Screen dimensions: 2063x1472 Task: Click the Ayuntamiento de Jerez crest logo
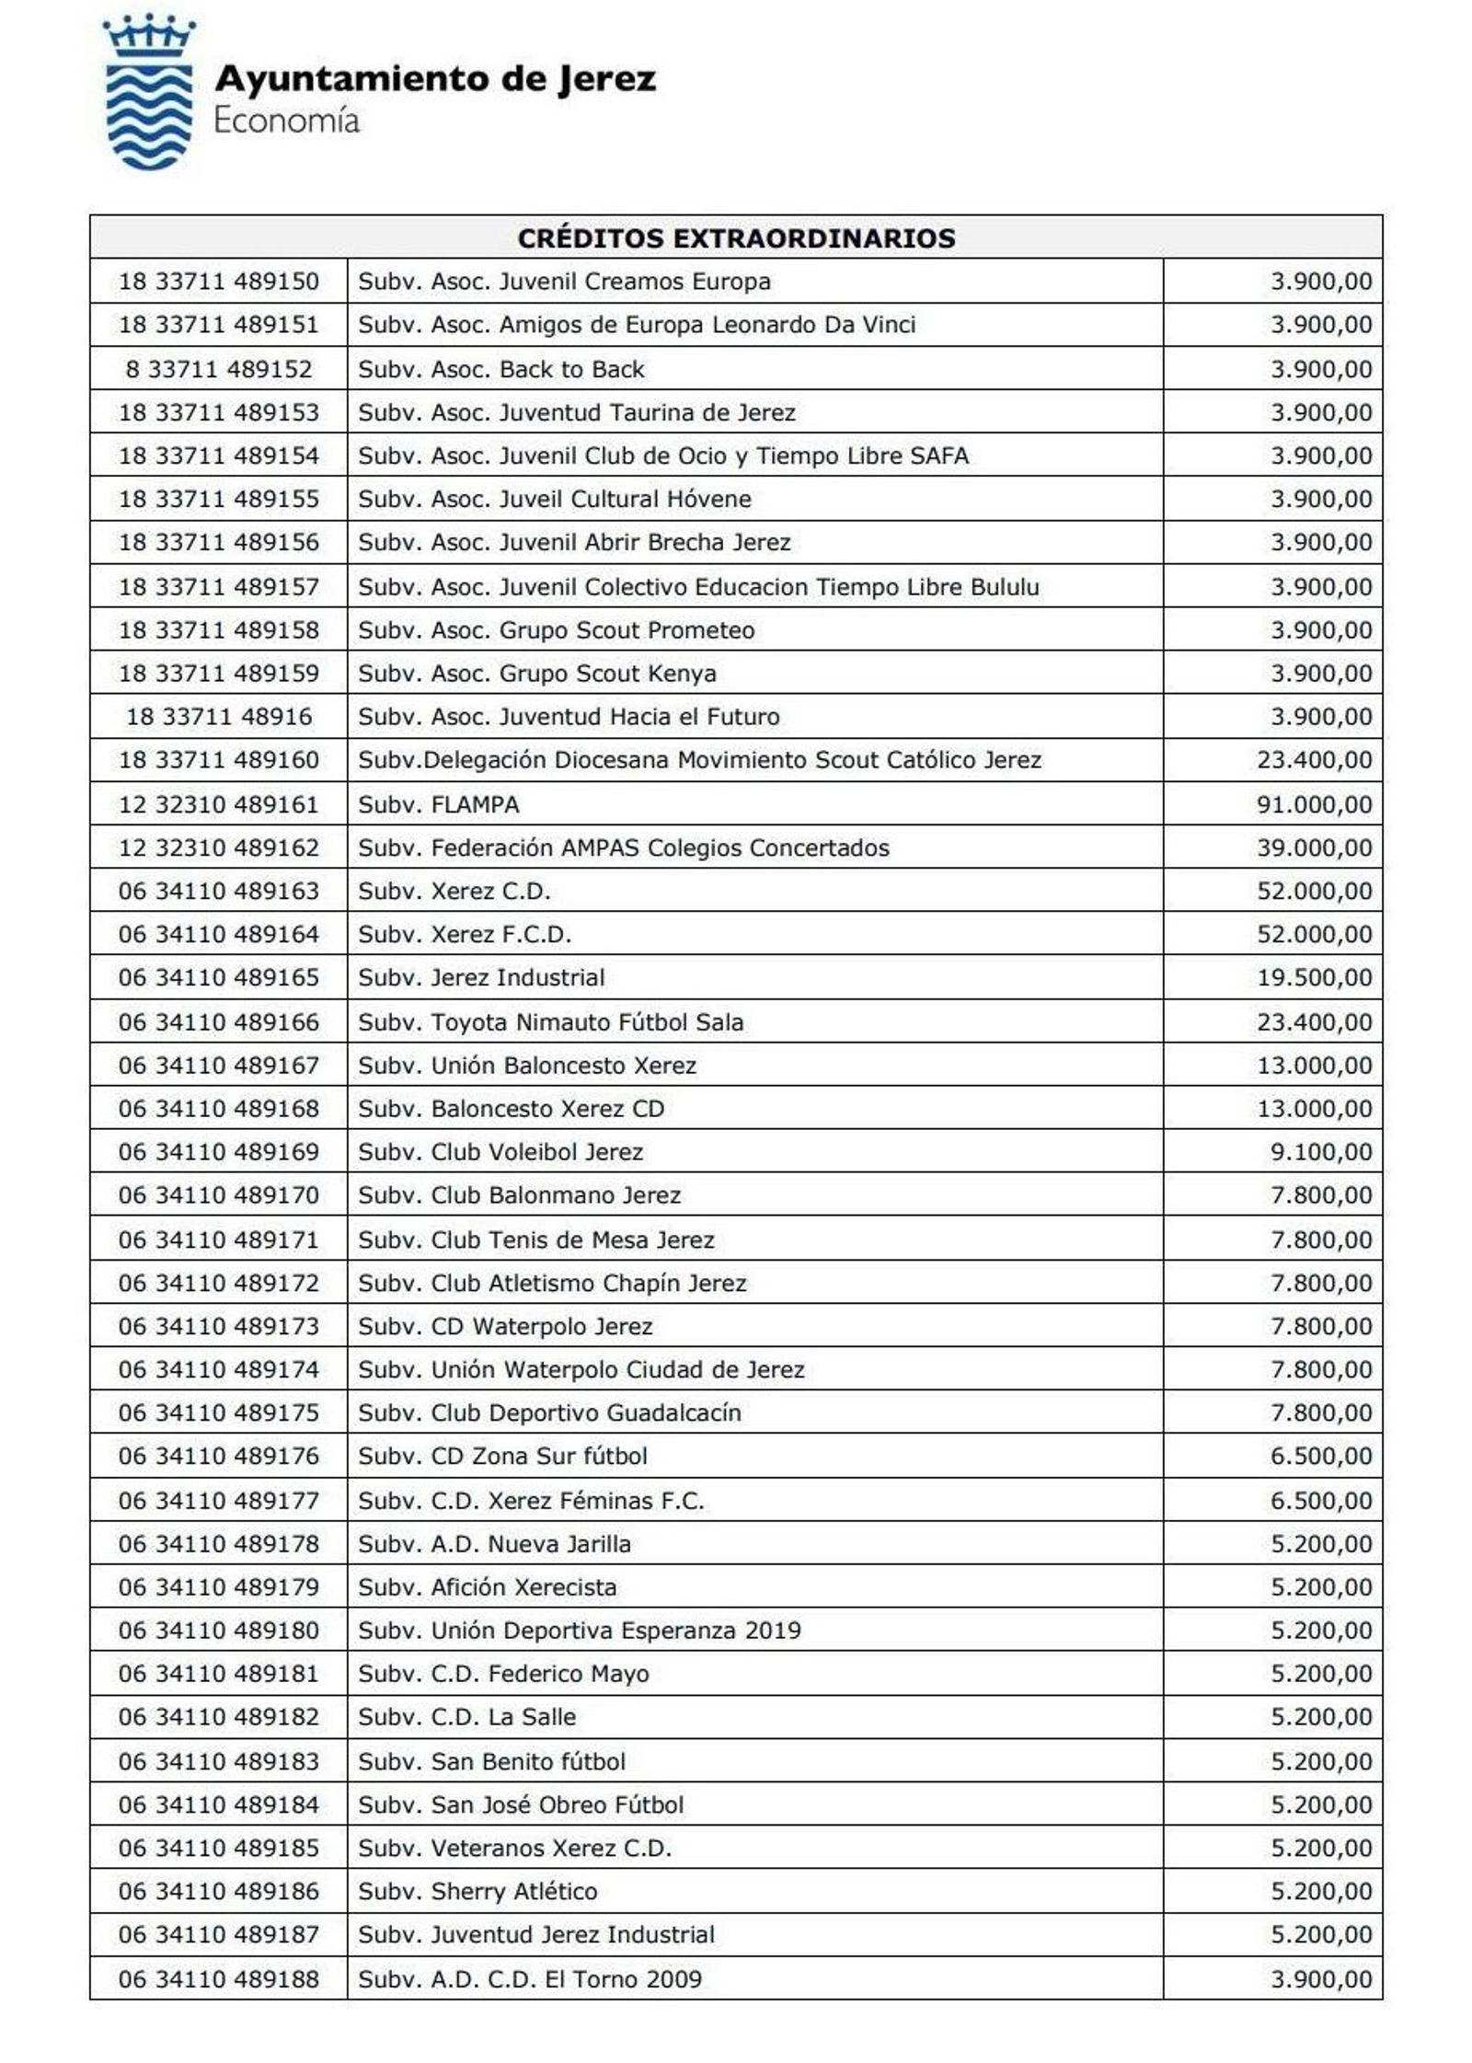pos(148,93)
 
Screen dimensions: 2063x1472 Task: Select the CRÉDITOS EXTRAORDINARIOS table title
pos(736,238)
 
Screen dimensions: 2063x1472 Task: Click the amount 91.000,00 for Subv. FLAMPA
pos(1314,804)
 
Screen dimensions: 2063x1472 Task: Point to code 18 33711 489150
pos(219,282)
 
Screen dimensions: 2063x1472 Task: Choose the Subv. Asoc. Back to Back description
pos(501,369)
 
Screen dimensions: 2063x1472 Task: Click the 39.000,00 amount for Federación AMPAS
pos(1314,847)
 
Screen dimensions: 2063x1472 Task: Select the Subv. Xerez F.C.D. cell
pos(465,934)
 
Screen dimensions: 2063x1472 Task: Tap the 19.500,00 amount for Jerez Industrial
pos(1314,977)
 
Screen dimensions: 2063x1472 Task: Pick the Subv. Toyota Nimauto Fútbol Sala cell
pos(550,1021)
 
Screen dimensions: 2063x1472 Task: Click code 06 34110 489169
pos(219,1152)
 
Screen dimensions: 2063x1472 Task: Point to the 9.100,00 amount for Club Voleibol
pos(1321,1152)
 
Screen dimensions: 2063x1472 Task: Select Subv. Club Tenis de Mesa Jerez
pos(536,1239)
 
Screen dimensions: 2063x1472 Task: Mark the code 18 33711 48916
pos(219,716)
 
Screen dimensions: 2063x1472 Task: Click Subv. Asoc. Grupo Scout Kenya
pos(537,674)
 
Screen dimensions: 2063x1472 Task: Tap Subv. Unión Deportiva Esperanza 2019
pos(580,1631)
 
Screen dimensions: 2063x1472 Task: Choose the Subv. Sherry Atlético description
pos(477,1891)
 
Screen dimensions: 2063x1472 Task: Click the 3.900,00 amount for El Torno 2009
pos(1321,1979)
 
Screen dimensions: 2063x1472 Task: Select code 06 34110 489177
pos(219,1501)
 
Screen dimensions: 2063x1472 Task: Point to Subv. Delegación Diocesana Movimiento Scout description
pos(699,760)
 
